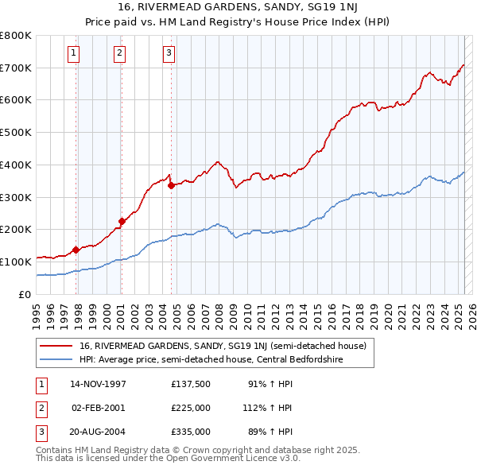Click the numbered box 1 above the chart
click(x=73, y=53)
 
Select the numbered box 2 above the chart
click(x=119, y=53)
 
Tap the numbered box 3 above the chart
click(x=169, y=53)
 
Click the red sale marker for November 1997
click(x=76, y=249)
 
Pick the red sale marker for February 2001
click(x=122, y=221)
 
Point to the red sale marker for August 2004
click(x=172, y=185)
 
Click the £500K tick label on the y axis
click(x=16, y=133)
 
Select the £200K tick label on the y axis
click(x=16, y=230)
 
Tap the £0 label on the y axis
click(x=25, y=294)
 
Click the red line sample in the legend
click(x=56, y=346)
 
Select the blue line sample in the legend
click(x=56, y=359)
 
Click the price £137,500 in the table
click(x=191, y=384)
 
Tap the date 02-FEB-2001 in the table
click(x=99, y=408)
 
